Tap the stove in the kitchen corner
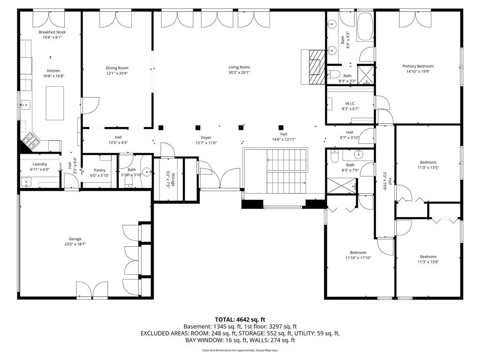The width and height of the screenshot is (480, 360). [x=32, y=139]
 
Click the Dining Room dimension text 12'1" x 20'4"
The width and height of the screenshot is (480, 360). [x=117, y=73]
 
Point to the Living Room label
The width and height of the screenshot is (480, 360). [x=239, y=67]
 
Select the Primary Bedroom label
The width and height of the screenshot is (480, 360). [x=418, y=66]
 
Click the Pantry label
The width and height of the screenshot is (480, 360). [x=99, y=170]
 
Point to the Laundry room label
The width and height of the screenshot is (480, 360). [x=39, y=164]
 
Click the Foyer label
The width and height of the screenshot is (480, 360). [x=206, y=137]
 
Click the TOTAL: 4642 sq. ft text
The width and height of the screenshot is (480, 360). [x=240, y=319]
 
